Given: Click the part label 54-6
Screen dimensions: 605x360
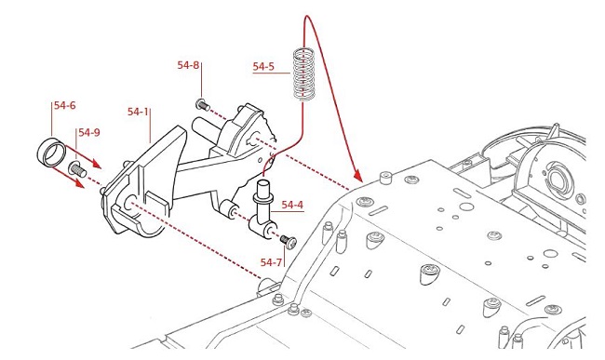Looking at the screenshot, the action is point(65,105).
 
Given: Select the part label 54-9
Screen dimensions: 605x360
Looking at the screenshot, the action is point(89,133).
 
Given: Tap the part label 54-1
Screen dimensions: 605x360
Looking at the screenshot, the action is point(138,112).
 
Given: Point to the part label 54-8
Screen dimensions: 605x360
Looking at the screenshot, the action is point(188,65).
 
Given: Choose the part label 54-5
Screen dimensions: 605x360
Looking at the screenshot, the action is point(263,66).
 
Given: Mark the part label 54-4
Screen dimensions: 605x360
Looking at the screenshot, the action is point(292,205).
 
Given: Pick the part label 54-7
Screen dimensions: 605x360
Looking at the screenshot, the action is point(271,262).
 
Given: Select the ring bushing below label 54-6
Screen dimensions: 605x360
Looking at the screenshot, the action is point(51,152).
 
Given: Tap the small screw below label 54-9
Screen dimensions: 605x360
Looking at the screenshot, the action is point(77,169).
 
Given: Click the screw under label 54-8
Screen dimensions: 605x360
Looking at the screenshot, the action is point(203,104).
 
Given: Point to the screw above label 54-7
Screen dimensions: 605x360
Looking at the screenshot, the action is point(289,241).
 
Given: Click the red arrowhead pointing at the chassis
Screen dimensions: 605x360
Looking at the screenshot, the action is point(357,176).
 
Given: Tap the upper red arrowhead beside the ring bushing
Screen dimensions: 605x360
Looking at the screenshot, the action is point(97,165).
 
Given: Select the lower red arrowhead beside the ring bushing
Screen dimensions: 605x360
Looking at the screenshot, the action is point(79,184).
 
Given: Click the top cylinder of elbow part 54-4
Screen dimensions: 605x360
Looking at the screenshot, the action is point(263,188).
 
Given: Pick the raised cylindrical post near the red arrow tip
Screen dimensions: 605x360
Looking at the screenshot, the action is point(384,179).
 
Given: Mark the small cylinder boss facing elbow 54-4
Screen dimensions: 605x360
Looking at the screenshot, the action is point(229,208).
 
